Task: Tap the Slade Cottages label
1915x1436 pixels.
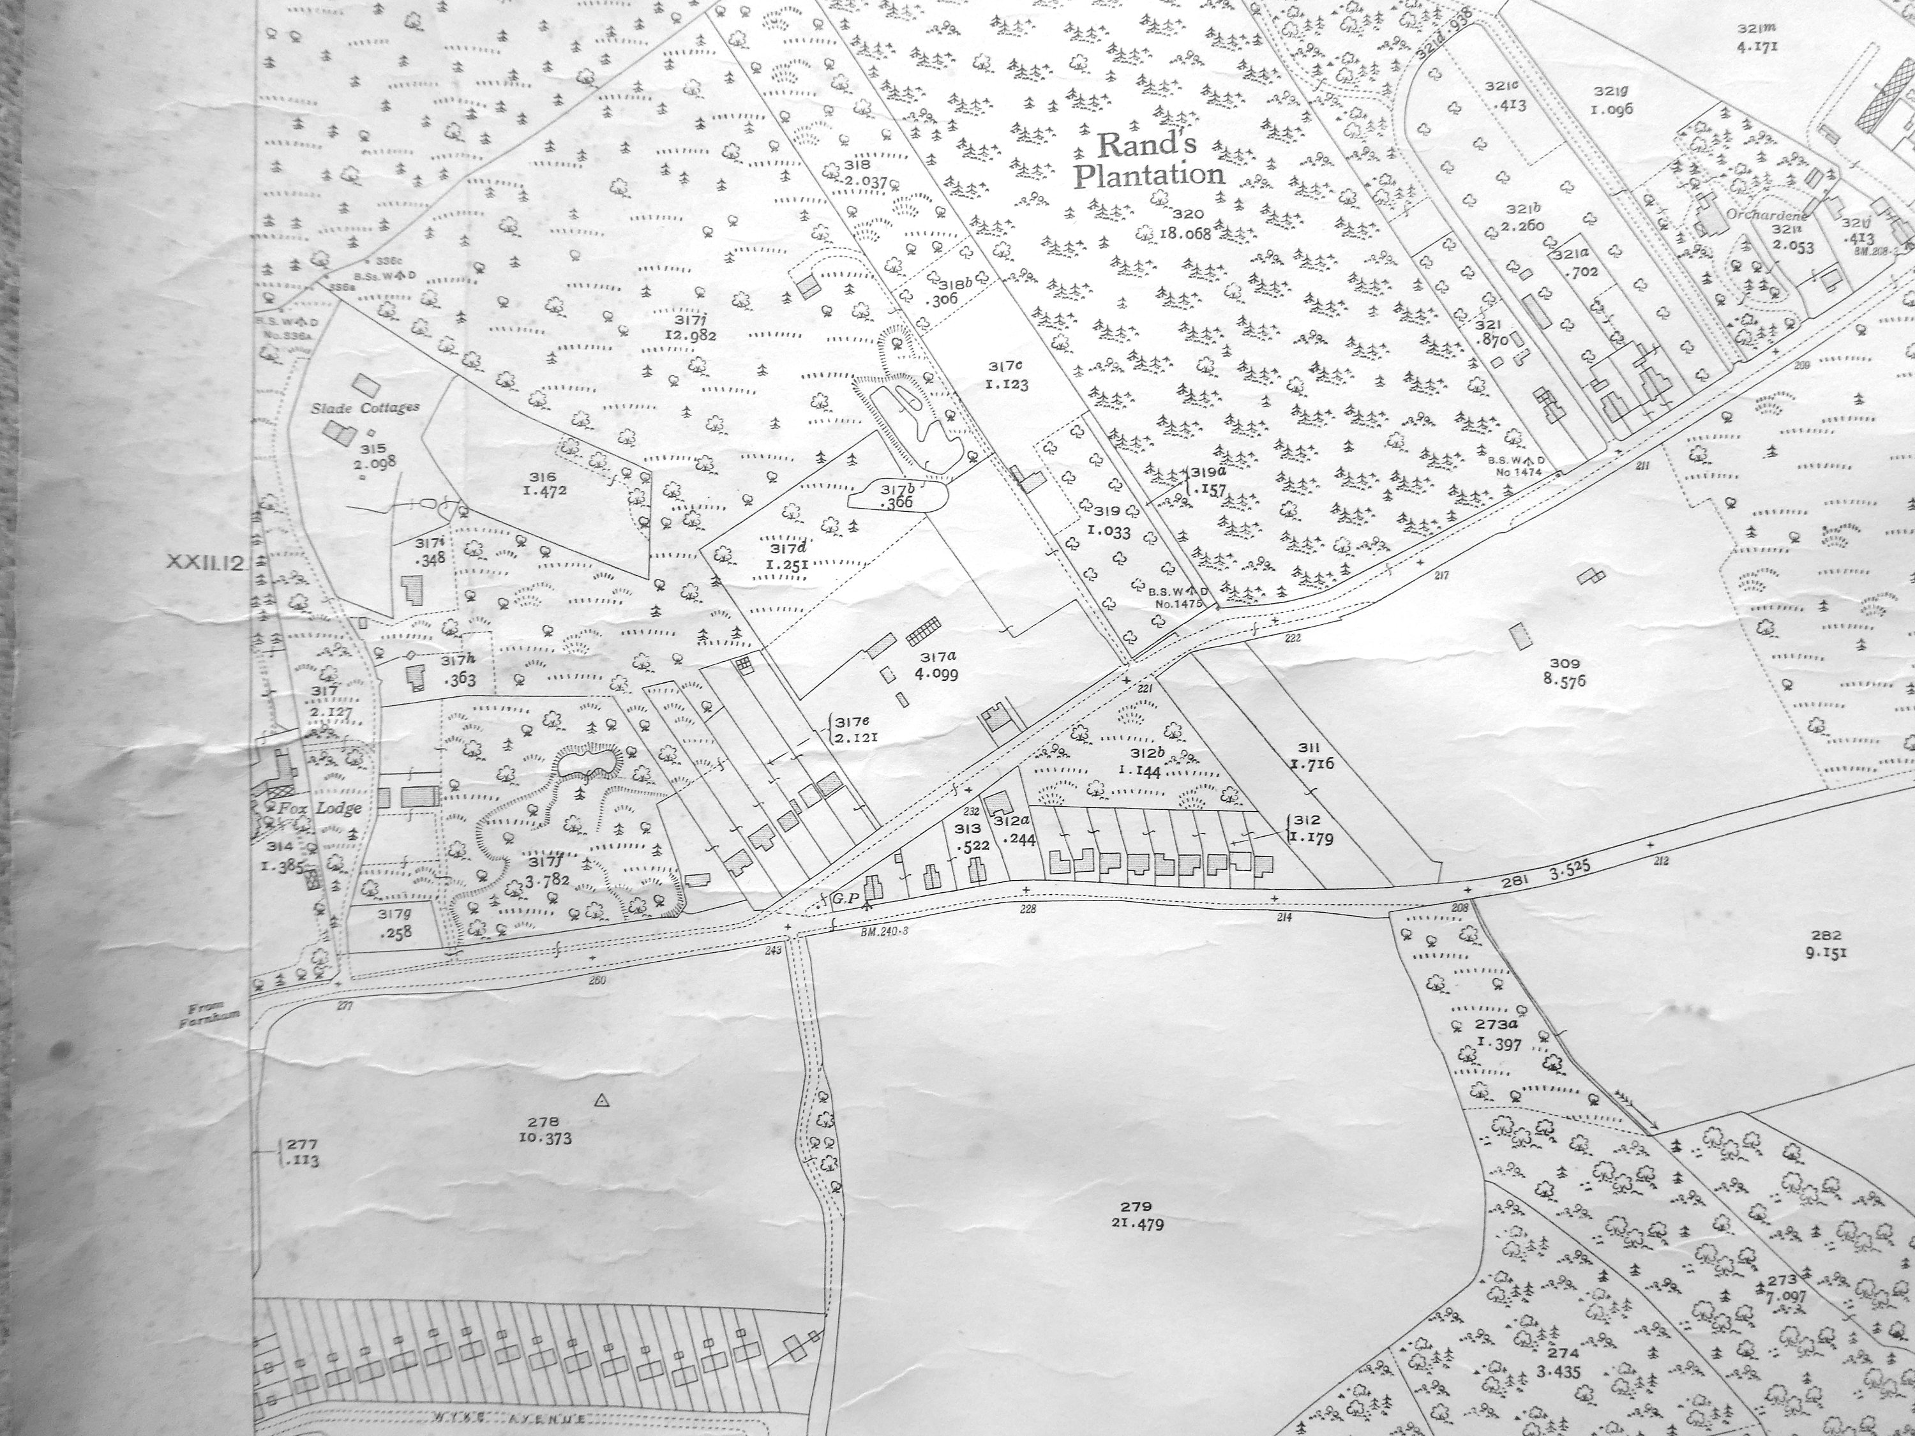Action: tap(366, 407)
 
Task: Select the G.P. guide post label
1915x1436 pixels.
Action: tap(843, 899)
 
